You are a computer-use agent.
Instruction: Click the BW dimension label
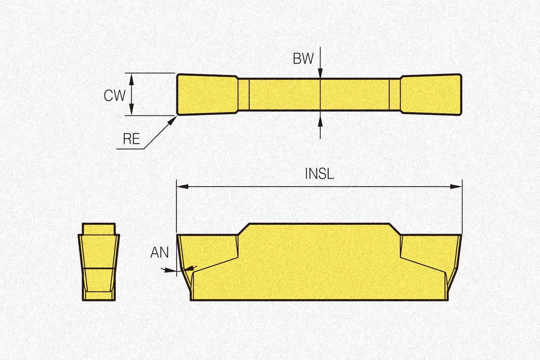303,59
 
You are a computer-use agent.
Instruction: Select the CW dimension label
115,95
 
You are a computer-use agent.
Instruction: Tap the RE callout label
131,139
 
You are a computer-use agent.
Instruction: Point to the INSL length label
319,174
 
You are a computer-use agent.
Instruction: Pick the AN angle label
159,253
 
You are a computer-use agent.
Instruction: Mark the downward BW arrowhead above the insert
320,73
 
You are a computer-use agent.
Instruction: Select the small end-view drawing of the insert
99,262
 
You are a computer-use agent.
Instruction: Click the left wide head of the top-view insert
206,94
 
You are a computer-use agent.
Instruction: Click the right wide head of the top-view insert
432,94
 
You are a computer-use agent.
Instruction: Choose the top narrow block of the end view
99,228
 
